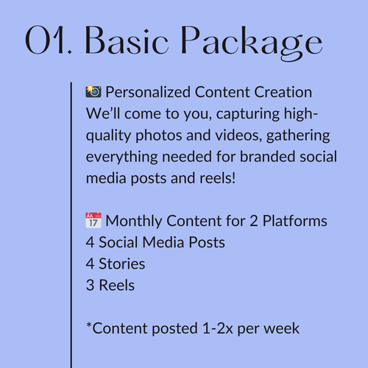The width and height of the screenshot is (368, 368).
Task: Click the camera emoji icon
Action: click(x=93, y=92)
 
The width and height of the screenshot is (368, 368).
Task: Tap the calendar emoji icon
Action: click(x=93, y=220)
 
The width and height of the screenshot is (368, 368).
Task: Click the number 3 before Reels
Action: click(x=90, y=285)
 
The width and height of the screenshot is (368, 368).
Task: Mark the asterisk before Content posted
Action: click(x=88, y=325)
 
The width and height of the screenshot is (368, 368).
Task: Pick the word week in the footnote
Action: click(x=283, y=328)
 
